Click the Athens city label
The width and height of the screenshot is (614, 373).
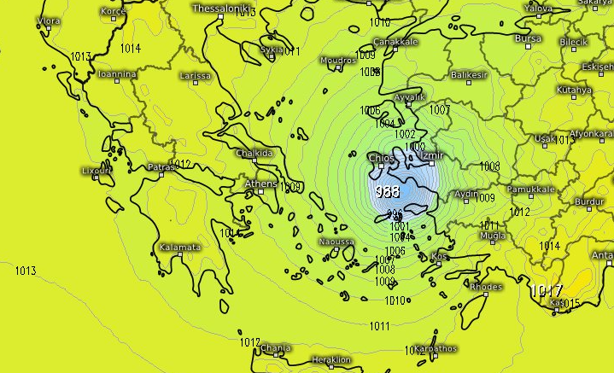pyautogui.click(x=260, y=184)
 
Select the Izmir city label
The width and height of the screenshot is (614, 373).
pyautogui.click(x=435, y=155)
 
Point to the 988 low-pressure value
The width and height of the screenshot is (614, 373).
pyautogui.click(x=387, y=191)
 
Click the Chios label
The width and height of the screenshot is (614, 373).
pyautogui.click(x=379, y=158)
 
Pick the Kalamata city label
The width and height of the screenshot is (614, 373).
pyautogui.click(x=179, y=248)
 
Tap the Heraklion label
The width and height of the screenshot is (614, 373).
pyautogui.click(x=331, y=359)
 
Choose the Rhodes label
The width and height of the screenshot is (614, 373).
pyautogui.click(x=486, y=286)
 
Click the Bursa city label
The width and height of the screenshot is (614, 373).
pyautogui.click(x=529, y=38)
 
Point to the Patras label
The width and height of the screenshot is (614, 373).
pyautogui.click(x=161, y=166)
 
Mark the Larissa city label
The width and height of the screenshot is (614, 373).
pyautogui.click(x=196, y=76)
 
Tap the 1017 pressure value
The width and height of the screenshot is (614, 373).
pyautogui.click(x=546, y=291)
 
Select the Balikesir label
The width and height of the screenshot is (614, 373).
pyautogui.click(x=469, y=74)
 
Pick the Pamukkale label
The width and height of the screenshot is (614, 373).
pyautogui.click(x=531, y=189)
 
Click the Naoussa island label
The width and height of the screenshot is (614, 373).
pyautogui.click(x=336, y=242)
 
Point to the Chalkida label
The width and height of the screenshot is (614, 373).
pyautogui.click(x=254, y=153)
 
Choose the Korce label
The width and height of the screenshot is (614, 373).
pyautogui.click(x=113, y=11)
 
